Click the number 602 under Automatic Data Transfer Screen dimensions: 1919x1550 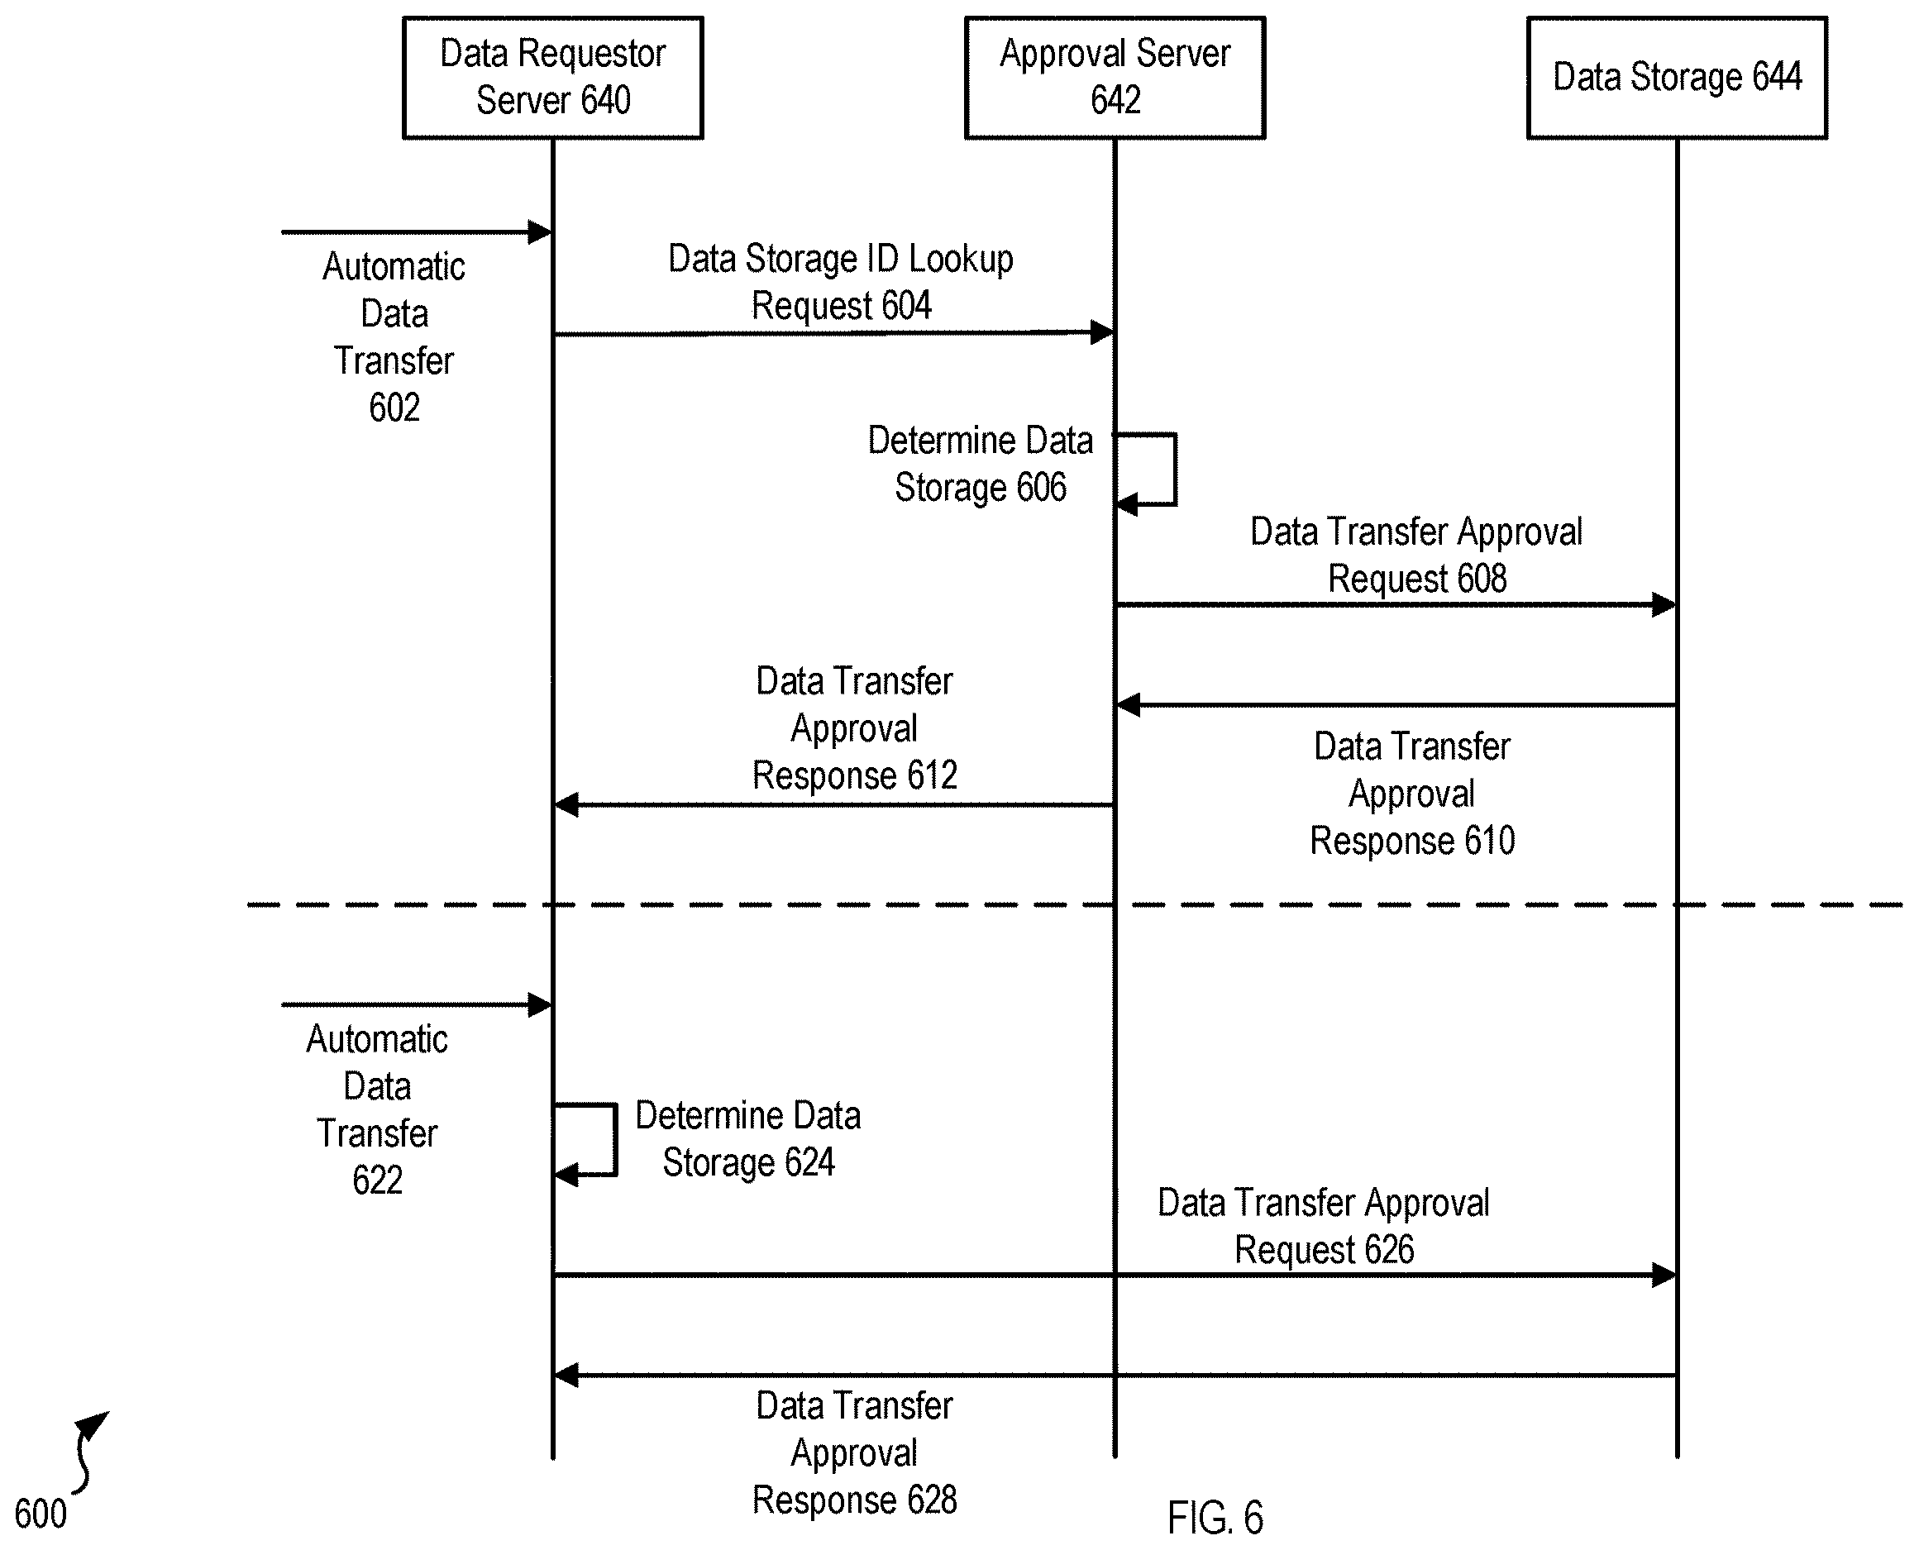394,408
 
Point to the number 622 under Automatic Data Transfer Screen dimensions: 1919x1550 377,1180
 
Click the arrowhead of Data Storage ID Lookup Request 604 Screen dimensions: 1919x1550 1103,333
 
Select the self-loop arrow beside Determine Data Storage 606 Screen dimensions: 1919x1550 1174,470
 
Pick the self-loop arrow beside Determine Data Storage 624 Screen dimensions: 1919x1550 614,1140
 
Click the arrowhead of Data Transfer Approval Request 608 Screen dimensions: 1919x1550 1664,604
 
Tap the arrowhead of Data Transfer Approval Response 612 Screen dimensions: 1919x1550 566,804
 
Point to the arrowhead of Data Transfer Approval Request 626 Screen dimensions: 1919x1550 1664,1275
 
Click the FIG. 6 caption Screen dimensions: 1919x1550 1215,1517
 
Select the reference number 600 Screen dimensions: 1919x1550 41,1514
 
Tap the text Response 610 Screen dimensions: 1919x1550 1412,841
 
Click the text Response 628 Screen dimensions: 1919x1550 855,1500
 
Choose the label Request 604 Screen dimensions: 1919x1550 841,305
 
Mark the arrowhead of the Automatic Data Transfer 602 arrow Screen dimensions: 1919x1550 540,232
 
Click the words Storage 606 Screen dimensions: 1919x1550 981,488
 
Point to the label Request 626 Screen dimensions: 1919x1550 1325,1250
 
